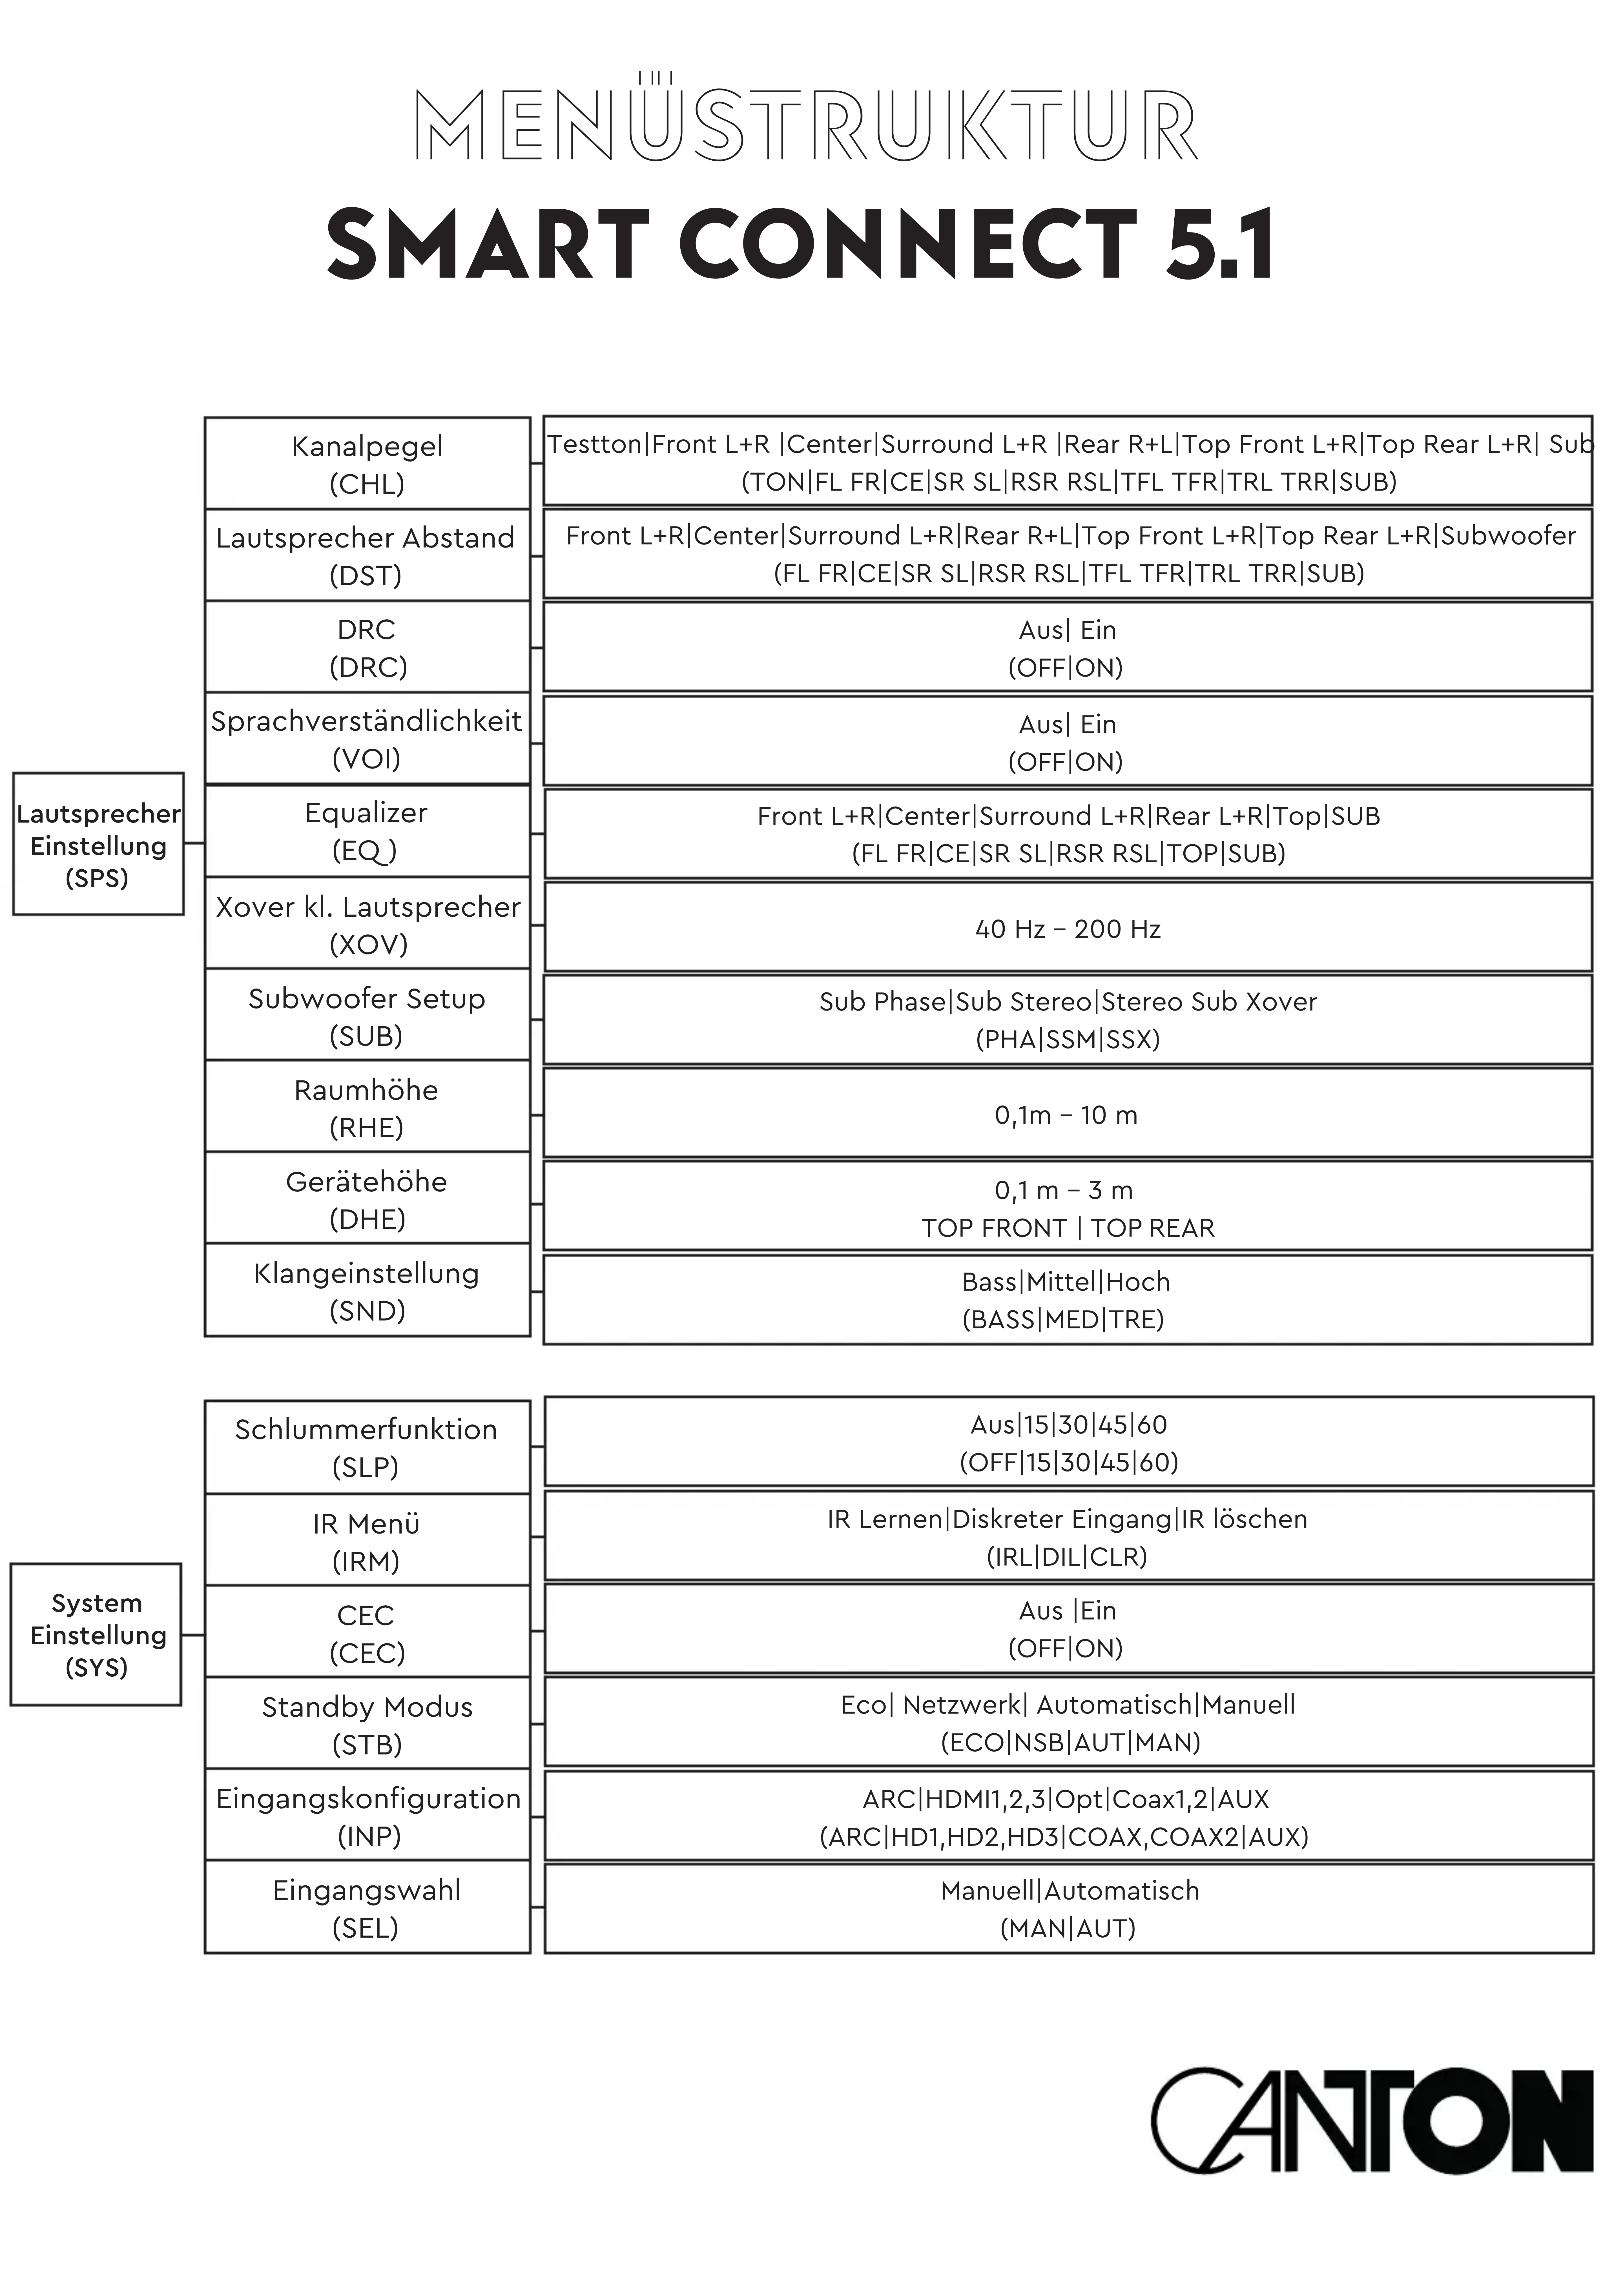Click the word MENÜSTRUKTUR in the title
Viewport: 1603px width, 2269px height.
pos(805,125)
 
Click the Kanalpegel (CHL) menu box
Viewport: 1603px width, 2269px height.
pos(367,464)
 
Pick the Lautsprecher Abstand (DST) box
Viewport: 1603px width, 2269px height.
pos(367,555)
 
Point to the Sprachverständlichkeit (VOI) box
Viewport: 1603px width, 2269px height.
pos(367,739)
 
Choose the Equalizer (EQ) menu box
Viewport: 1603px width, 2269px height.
pos(367,831)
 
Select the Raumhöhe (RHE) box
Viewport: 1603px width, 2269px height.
pos(367,1108)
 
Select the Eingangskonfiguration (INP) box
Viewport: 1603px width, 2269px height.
pos(367,1816)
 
